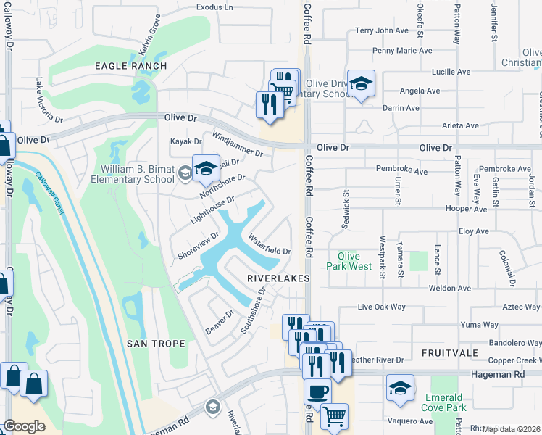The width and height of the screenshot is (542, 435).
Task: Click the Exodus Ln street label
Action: coord(215,7)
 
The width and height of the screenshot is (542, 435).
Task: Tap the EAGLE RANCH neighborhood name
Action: coord(131,66)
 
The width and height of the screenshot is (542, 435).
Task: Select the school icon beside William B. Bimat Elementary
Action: coord(206,170)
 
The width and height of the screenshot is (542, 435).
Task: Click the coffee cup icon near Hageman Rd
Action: coord(317,391)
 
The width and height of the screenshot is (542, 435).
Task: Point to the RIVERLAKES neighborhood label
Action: coord(278,278)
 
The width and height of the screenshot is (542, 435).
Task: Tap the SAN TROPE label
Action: coord(156,343)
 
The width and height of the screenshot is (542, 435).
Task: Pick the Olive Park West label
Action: coord(349,262)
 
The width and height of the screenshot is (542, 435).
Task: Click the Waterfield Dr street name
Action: coord(269,244)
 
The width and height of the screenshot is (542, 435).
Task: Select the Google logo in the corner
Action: coord(23,426)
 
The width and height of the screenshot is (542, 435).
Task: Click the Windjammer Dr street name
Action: coord(237,144)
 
